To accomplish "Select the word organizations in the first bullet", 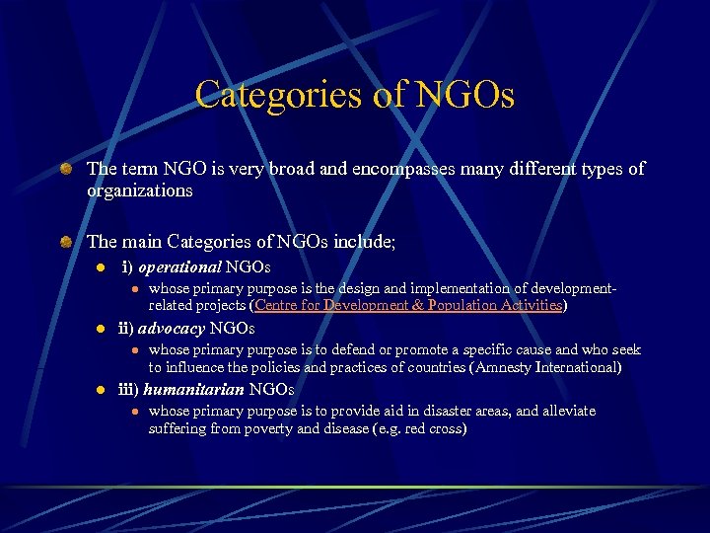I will (x=139, y=190).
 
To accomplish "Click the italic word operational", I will (x=179, y=267).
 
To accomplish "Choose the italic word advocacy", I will (x=172, y=329).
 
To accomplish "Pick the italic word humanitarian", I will (x=193, y=390).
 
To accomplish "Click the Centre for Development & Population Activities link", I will (x=408, y=306).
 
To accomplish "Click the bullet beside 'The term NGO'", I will (x=65, y=170).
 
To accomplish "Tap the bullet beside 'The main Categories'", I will (x=65, y=241).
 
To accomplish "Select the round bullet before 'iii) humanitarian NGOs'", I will (x=100, y=391).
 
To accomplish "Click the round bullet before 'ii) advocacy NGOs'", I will (x=100, y=330).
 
